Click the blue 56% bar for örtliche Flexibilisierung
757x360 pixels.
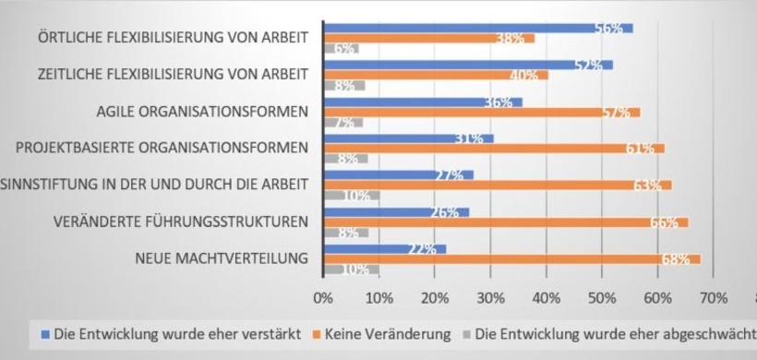[477, 29]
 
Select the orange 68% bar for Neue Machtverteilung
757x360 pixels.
[511, 259]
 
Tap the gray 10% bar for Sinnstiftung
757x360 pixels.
[351, 196]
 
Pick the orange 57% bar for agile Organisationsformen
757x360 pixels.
[481, 113]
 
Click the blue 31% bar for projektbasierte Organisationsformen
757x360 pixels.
[408, 138]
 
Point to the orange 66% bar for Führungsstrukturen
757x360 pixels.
[505, 222]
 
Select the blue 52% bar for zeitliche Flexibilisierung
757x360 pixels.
[467, 65]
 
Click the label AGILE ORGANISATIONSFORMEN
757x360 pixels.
[202, 112]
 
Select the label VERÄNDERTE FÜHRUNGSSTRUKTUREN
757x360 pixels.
[181, 221]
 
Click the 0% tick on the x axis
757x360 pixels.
[323, 298]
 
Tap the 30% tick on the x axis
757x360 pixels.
[490, 298]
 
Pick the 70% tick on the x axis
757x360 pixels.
[714, 298]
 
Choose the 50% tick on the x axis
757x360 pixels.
[602, 298]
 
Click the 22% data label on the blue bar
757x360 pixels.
[420, 249]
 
